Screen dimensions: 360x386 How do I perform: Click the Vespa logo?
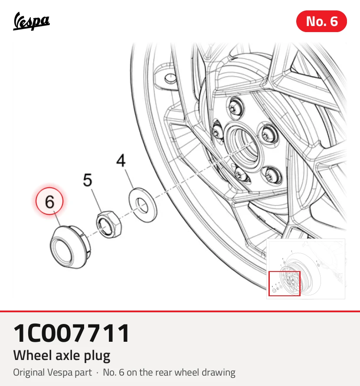[31, 21]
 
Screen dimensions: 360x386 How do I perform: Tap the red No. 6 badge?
[321, 21]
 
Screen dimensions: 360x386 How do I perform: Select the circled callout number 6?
[49, 201]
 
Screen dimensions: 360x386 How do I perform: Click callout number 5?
[88, 180]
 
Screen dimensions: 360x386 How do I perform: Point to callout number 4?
[121, 160]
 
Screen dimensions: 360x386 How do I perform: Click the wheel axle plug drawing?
[70, 247]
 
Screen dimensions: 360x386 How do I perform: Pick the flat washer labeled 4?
[143, 205]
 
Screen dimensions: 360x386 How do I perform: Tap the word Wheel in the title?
[33, 355]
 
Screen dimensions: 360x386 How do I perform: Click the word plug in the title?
[97, 356]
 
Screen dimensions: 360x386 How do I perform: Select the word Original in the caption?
[29, 373]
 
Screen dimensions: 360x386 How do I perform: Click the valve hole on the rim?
[170, 78]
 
